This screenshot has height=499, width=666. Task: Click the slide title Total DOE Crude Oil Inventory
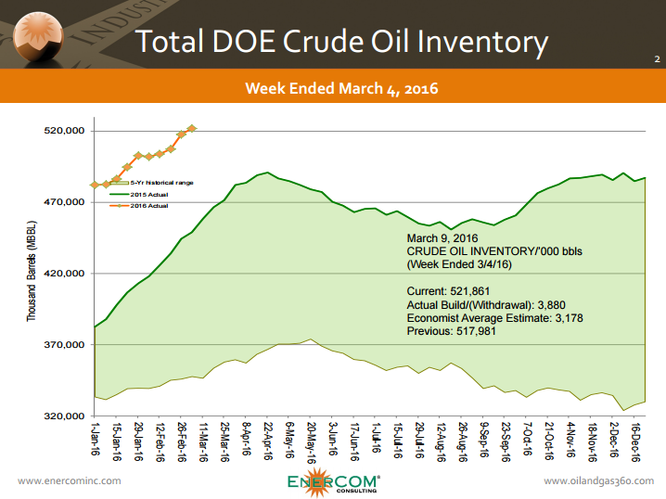pos(341,42)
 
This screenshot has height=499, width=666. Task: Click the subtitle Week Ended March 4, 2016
pos(341,89)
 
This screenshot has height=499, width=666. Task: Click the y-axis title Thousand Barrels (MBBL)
pos(31,274)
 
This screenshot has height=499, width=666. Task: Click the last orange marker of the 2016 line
pos(192,128)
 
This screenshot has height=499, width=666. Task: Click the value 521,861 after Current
pos(472,291)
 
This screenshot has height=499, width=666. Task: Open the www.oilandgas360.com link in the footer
pos(598,480)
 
